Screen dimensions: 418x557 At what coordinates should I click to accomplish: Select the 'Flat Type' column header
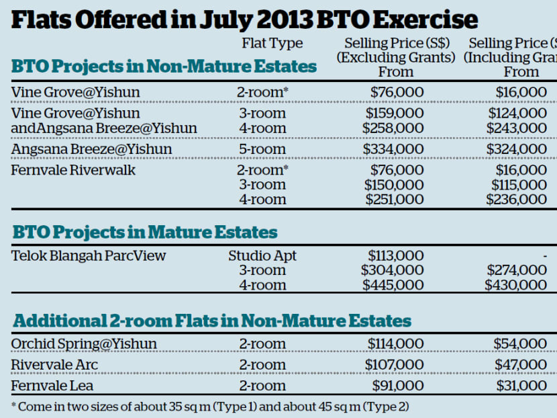(x=272, y=44)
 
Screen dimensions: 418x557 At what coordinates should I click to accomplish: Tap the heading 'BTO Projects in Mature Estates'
(x=144, y=233)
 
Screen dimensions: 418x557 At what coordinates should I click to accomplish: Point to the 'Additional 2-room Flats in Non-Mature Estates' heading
(x=211, y=321)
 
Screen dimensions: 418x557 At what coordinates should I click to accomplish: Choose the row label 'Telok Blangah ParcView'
(x=88, y=255)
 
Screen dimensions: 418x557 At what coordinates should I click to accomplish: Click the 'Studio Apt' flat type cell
(x=262, y=255)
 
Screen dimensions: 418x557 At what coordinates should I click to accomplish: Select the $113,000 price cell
(x=395, y=255)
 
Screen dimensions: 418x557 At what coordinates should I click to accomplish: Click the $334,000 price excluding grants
(x=394, y=149)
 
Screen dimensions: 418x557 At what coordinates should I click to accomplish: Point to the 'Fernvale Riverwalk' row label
(x=73, y=170)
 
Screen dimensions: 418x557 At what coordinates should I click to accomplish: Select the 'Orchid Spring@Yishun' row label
(x=84, y=344)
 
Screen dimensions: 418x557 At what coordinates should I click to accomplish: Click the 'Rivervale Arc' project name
(x=54, y=365)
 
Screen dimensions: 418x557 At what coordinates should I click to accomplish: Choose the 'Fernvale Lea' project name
(x=52, y=386)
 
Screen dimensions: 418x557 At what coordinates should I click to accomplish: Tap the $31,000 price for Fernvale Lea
(x=521, y=386)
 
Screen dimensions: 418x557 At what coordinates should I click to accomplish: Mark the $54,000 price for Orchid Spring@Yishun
(x=521, y=344)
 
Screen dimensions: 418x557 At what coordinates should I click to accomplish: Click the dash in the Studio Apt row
(x=544, y=256)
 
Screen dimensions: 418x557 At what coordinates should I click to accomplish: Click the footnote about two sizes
(x=210, y=407)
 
